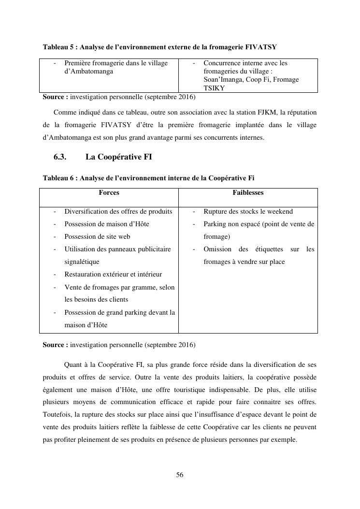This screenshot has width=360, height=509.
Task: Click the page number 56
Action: (179, 475)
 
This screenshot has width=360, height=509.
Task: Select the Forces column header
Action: (109, 192)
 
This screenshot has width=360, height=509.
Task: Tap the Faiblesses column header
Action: (248, 192)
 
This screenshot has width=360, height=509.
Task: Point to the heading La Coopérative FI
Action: (119, 157)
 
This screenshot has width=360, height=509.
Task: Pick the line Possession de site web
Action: (97, 236)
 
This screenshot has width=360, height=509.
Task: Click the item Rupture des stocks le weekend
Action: (248, 211)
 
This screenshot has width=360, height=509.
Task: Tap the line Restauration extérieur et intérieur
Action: (113, 274)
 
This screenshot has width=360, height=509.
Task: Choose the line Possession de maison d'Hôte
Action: (106, 224)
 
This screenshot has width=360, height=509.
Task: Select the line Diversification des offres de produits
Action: (118, 211)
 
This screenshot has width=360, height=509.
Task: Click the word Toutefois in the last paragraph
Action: (57, 415)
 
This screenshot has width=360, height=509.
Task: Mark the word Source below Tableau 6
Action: (54, 345)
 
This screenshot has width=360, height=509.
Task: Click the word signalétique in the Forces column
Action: (82, 262)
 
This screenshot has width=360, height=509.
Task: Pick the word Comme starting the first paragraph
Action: (64, 113)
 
